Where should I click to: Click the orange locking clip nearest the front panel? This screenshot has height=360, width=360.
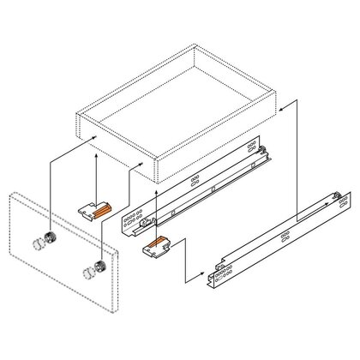[x=95, y=208]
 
